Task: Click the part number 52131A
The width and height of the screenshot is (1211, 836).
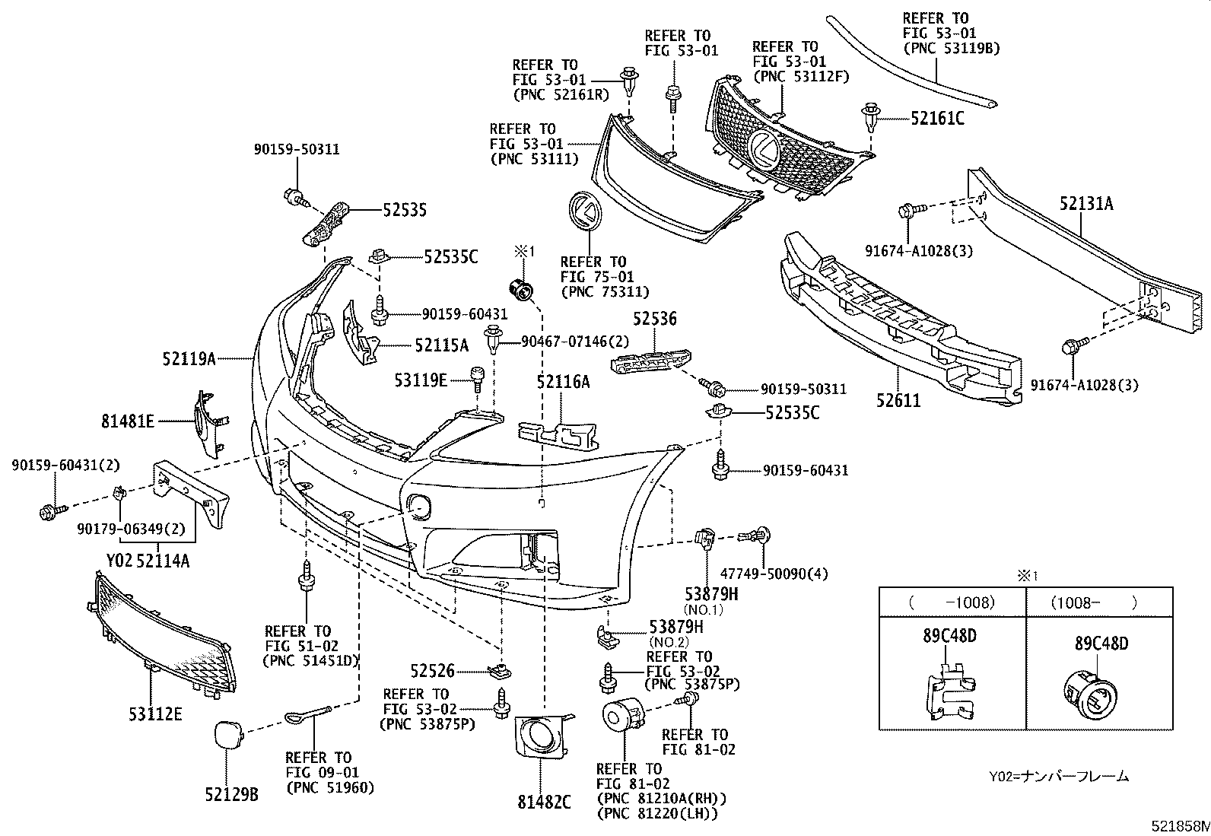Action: pyautogui.click(x=1086, y=204)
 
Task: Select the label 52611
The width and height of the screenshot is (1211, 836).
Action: pyautogui.click(x=898, y=401)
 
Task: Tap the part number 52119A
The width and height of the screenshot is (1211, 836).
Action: pyautogui.click(x=189, y=358)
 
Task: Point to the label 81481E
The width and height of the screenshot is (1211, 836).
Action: pyautogui.click(x=128, y=421)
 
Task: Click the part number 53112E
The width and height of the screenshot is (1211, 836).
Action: pyautogui.click(x=155, y=714)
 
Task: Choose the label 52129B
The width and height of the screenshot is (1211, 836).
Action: pyautogui.click(x=231, y=794)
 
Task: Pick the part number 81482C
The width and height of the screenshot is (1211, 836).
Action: pyautogui.click(x=544, y=802)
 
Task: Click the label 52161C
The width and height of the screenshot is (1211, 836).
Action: pyautogui.click(x=937, y=119)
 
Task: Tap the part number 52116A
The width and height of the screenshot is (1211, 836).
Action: pyautogui.click(x=564, y=382)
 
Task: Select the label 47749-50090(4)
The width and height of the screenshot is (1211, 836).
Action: pyautogui.click(x=774, y=574)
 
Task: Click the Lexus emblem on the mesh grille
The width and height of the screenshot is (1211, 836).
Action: pyautogui.click(x=764, y=148)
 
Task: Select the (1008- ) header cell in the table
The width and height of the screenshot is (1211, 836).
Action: pyautogui.click(x=1099, y=602)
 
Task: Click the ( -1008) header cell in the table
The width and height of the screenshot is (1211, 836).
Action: pyautogui.click(x=952, y=602)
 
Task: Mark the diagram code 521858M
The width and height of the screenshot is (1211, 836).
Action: pyautogui.click(x=1180, y=825)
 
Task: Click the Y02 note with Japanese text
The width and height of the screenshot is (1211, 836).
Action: pyautogui.click(x=1059, y=777)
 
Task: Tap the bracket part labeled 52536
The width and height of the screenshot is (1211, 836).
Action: pyautogui.click(x=651, y=360)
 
